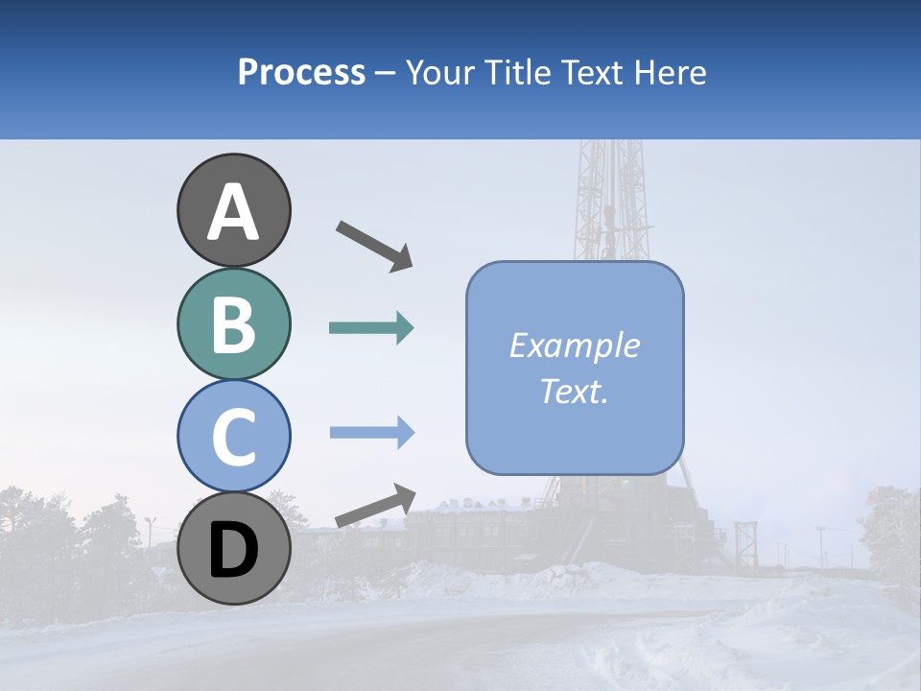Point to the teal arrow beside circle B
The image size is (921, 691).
[x=371, y=328]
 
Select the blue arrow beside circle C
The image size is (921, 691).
[x=372, y=433]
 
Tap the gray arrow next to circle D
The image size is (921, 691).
[x=375, y=506]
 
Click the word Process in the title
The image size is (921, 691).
[x=301, y=73]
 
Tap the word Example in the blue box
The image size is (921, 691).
[x=574, y=345]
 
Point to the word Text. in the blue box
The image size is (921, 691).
[x=574, y=391]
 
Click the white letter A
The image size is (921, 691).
[x=234, y=213]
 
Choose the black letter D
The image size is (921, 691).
[x=234, y=551]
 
